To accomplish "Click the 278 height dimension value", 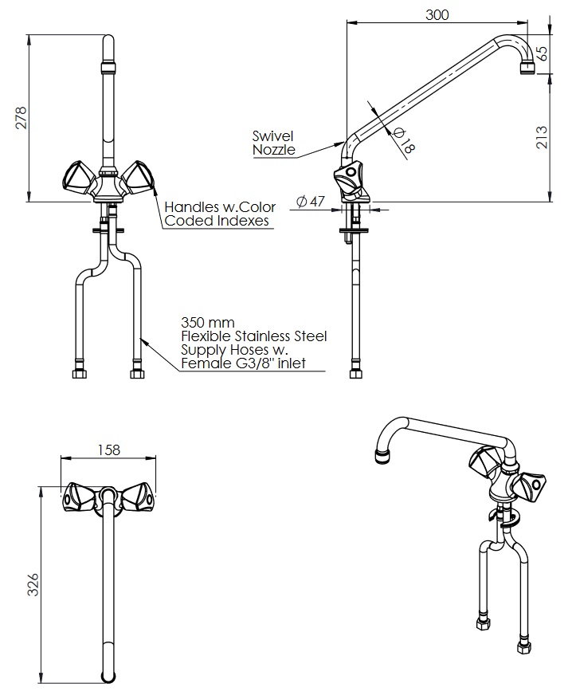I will pyautogui.click(x=22, y=117).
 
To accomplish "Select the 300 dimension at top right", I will pyautogui.click(x=437, y=14).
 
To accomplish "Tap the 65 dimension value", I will pyautogui.click(x=543, y=54).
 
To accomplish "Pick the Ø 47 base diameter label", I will pyautogui.click(x=310, y=201).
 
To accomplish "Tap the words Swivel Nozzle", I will pyautogui.click(x=273, y=143).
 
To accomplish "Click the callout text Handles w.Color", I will pyautogui.click(x=220, y=207).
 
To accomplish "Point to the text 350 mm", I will pyautogui.click(x=207, y=323).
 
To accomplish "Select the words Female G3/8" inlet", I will pyautogui.click(x=242, y=364).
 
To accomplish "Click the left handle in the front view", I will pyautogui.click(x=78, y=177).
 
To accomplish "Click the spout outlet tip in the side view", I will pyautogui.click(x=527, y=69).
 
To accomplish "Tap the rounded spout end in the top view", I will pyautogui.click(x=109, y=676).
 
